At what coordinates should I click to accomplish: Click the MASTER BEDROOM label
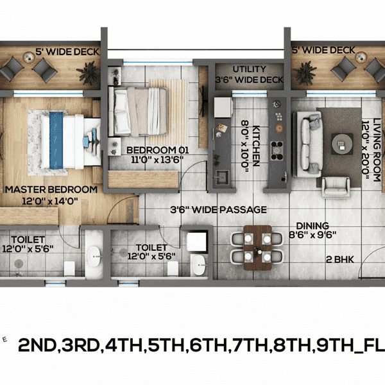pos(51,190)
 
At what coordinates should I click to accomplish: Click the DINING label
pos(312,226)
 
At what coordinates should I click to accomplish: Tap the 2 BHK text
pos(339,259)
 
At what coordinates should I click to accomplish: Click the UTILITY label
pos(249,69)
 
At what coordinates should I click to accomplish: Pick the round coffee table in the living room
pos(341,141)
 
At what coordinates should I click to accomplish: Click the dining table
pos(255,248)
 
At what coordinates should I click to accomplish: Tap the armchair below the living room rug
pos(335,186)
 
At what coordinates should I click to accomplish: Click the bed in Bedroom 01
pos(138,109)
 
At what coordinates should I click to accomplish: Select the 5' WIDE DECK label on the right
pos(324,49)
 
